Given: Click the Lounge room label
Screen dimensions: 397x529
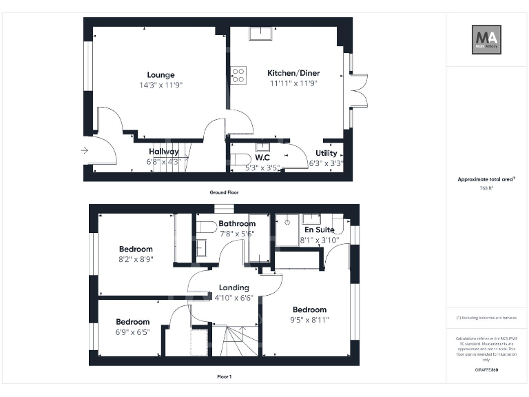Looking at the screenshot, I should coord(160,75).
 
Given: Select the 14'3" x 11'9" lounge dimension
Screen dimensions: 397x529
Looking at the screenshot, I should coord(160,85).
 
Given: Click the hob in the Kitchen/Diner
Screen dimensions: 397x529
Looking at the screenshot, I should coord(238,75).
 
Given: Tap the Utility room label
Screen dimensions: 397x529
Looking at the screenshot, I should coord(326,153).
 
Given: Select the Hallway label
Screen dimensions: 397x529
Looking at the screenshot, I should coord(164,152).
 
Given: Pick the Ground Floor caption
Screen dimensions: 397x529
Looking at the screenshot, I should coord(224,192).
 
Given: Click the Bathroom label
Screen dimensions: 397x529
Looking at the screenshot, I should coord(237,223).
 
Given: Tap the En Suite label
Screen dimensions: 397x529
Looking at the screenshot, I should coord(320,230).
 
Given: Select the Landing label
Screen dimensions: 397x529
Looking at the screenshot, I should coord(234,287).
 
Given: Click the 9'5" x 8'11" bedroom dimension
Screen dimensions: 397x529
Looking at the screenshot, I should coord(309,319).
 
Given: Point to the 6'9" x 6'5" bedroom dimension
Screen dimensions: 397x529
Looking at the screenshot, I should coord(133,332).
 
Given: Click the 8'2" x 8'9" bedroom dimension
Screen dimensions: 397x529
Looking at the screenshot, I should coord(136,259).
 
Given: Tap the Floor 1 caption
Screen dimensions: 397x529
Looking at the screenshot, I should coord(224,377).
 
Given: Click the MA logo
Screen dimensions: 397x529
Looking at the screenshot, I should coord(486,39).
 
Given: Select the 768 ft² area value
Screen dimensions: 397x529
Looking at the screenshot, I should coord(486,188).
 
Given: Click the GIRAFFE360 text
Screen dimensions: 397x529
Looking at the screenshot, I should coord(486,371).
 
